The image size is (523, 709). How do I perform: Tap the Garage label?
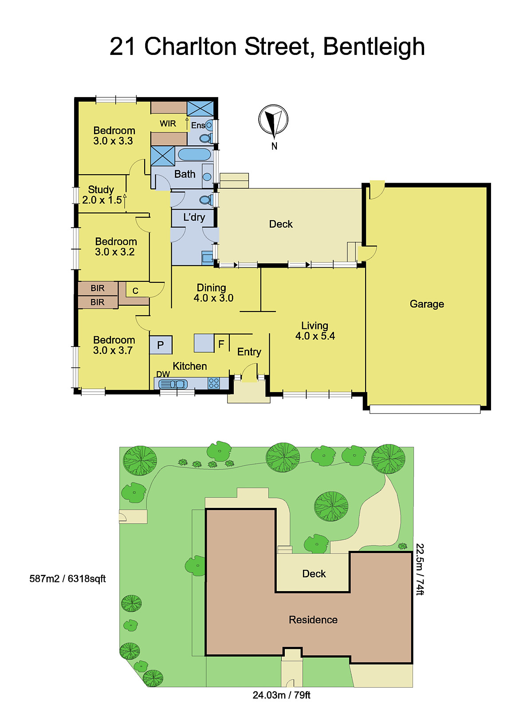click(x=427, y=304)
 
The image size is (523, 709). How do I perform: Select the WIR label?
click(x=168, y=124)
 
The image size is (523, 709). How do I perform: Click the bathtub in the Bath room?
click(x=194, y=155)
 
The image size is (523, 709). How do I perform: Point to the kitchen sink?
click(x=173, y=384)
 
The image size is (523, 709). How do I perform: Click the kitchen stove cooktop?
click(x=213, y=383)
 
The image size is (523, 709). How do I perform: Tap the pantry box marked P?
click(x=161, y=345)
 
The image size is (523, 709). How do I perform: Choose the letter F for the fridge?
click(x=221, y=344)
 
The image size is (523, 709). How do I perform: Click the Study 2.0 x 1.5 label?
click(x=102, y=195)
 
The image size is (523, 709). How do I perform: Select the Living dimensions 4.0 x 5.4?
click(x=315, y=336)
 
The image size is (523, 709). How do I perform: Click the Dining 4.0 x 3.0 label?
click(x=213, y=292)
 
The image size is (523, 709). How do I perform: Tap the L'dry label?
click(x=194, y=217)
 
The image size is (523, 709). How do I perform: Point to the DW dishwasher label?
click(x=163, y=374)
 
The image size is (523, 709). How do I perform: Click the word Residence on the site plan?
click(x=313, y=620)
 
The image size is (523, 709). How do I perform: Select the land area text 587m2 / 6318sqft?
click(x=67, y=579)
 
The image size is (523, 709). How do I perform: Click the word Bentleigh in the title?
click(x=374, y=47)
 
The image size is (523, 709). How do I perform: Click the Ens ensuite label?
click(x=198, y=125)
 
